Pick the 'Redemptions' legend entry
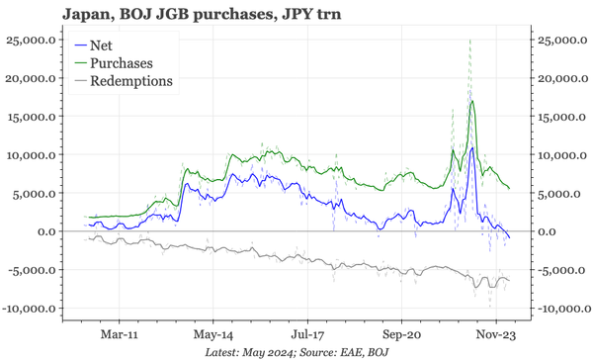pyautogui.click(x=130, y=80)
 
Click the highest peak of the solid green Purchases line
pyautogui.click(x=473, y=101)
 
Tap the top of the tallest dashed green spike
pyautogui.click(x=469, y=40)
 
